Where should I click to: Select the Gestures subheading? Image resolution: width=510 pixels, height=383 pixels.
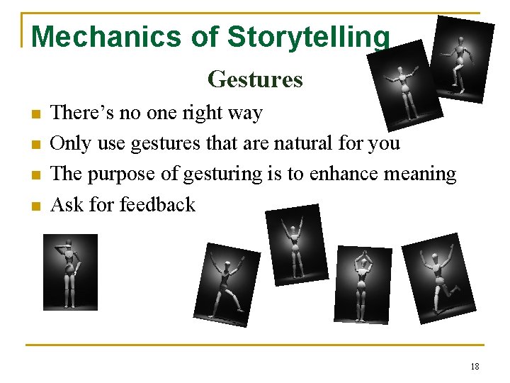pyautogui.click(x=255, y=79)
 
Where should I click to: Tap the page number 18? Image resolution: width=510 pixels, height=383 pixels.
pyautogui.click(x=474, y=366)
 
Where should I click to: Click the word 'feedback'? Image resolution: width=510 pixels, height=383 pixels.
pyautogui.click(x=157, y=204)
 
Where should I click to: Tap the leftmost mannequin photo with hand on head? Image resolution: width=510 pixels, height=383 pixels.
pyautogui.click(x=70, y=272)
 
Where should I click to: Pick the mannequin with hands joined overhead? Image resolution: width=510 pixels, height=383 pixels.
pyautogui.click(x=363, y=284)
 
